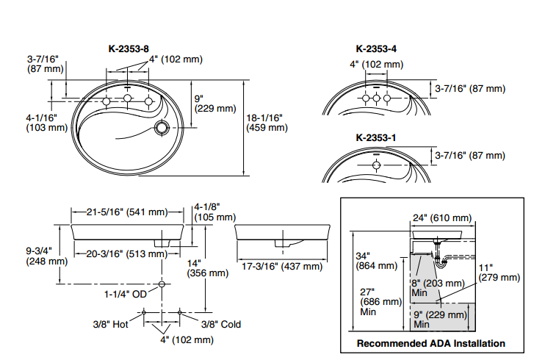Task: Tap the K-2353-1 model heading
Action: [x=377, y=137]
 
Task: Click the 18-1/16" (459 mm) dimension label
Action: [x=267, y=122]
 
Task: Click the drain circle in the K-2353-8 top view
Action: [x=161, y=129]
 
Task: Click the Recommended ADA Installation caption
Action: [x=430, y=343]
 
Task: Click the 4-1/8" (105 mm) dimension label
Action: [x=215, y=212]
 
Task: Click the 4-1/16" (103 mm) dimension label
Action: [x=46, y=122]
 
